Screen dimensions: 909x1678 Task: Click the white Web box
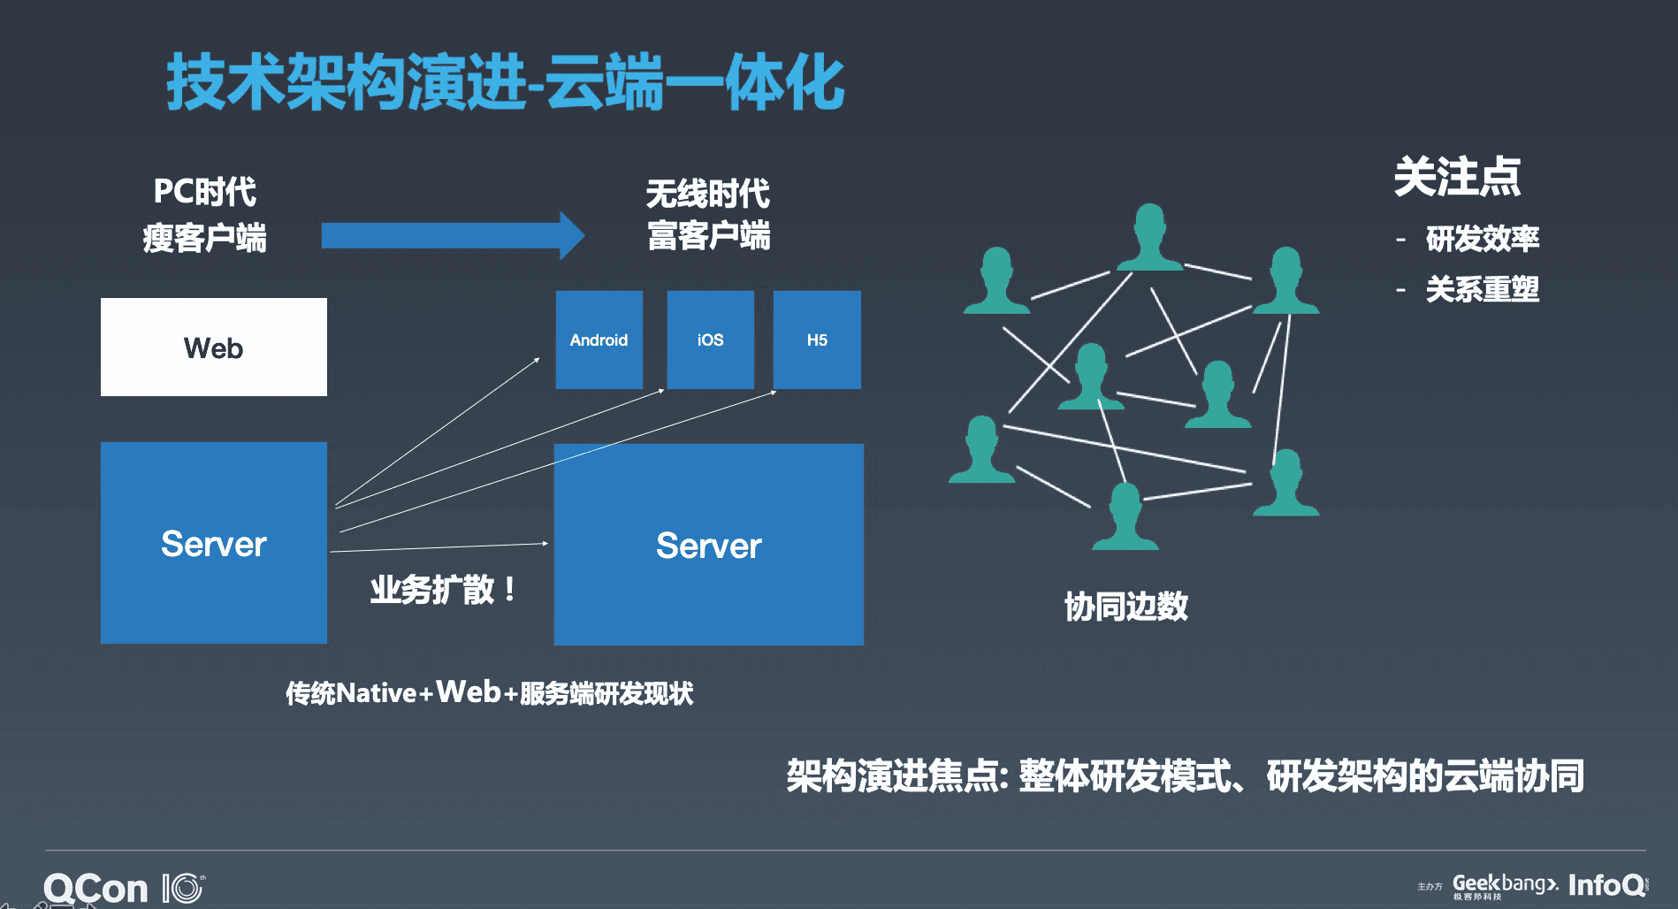213,347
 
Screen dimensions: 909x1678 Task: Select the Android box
599,340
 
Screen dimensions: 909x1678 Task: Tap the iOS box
710,340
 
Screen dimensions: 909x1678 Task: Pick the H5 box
817,340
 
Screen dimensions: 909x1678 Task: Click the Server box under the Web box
213,543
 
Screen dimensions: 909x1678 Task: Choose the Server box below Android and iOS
708,545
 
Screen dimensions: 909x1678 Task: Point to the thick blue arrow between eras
451,235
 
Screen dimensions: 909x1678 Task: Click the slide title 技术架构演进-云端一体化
505,82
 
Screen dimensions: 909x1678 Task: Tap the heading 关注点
1456,176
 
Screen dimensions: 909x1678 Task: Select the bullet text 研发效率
1482,239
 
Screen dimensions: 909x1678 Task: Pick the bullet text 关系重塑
1482,289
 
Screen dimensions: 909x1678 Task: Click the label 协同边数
1125,607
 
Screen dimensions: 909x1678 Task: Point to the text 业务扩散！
443,589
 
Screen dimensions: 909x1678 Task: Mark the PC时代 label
204,191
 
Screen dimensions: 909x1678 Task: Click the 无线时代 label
707,194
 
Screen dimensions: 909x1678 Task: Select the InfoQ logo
1606,884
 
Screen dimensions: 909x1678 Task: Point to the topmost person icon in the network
1149,237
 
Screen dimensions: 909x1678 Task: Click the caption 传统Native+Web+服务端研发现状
489,692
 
